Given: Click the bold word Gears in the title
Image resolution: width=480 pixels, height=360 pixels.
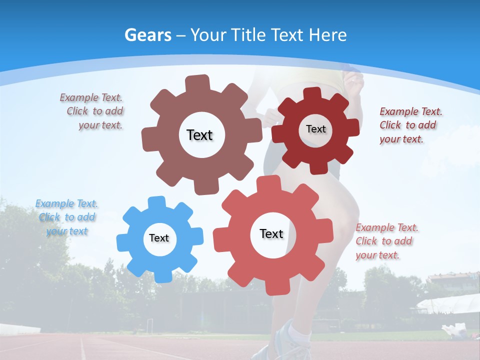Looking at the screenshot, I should (x=147, y=35).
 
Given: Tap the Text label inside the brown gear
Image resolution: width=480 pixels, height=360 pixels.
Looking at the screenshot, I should (x=199, y=135).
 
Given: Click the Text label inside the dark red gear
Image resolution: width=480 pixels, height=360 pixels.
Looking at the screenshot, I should (x=315, y=129).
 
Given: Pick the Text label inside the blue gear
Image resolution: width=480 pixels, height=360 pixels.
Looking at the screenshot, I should (x=159, y=238).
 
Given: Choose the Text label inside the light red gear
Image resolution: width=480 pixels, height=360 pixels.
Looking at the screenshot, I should (x=271, y=233).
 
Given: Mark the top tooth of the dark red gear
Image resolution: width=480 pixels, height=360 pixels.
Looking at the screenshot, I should (x=312, y=94).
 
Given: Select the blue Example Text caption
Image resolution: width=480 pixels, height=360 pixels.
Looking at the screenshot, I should (x=67, y=217).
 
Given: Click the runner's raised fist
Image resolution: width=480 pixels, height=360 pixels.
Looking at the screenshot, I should (x=354, y=80).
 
